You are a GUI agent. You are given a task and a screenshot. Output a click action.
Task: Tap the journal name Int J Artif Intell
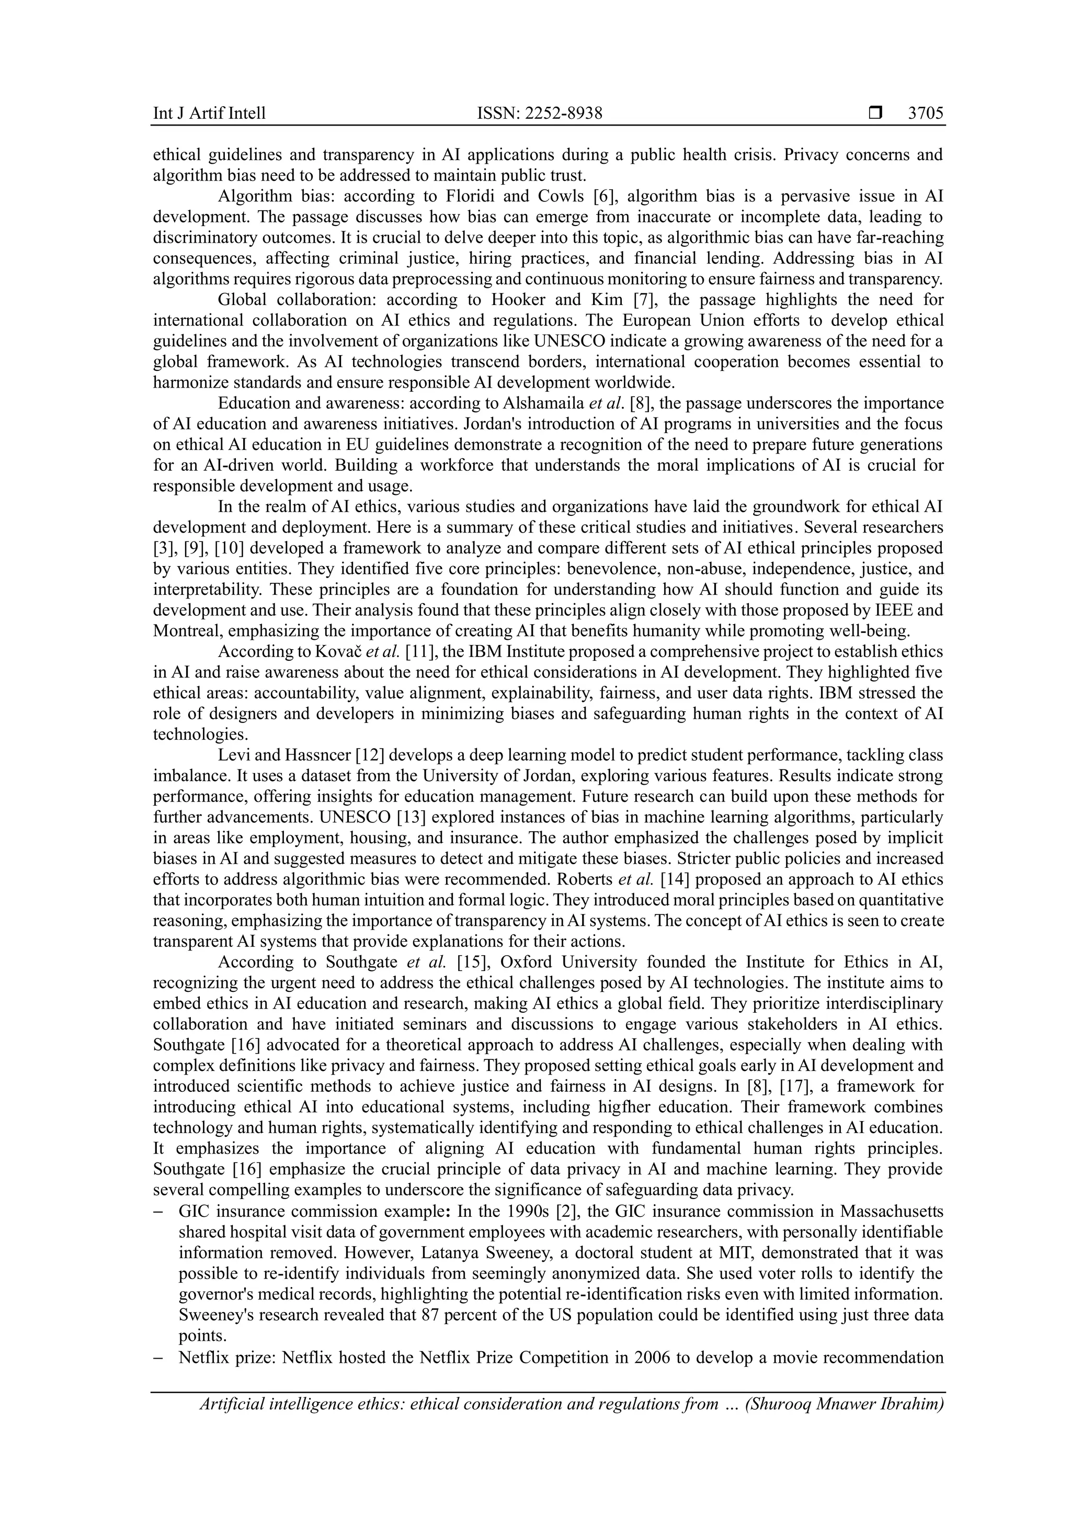click(209, 113)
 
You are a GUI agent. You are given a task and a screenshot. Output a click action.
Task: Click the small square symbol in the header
click(875, 113)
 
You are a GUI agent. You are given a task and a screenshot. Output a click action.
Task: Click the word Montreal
click(181, 631)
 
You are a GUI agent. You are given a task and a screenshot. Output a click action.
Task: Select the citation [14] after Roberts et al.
click(676, 879)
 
